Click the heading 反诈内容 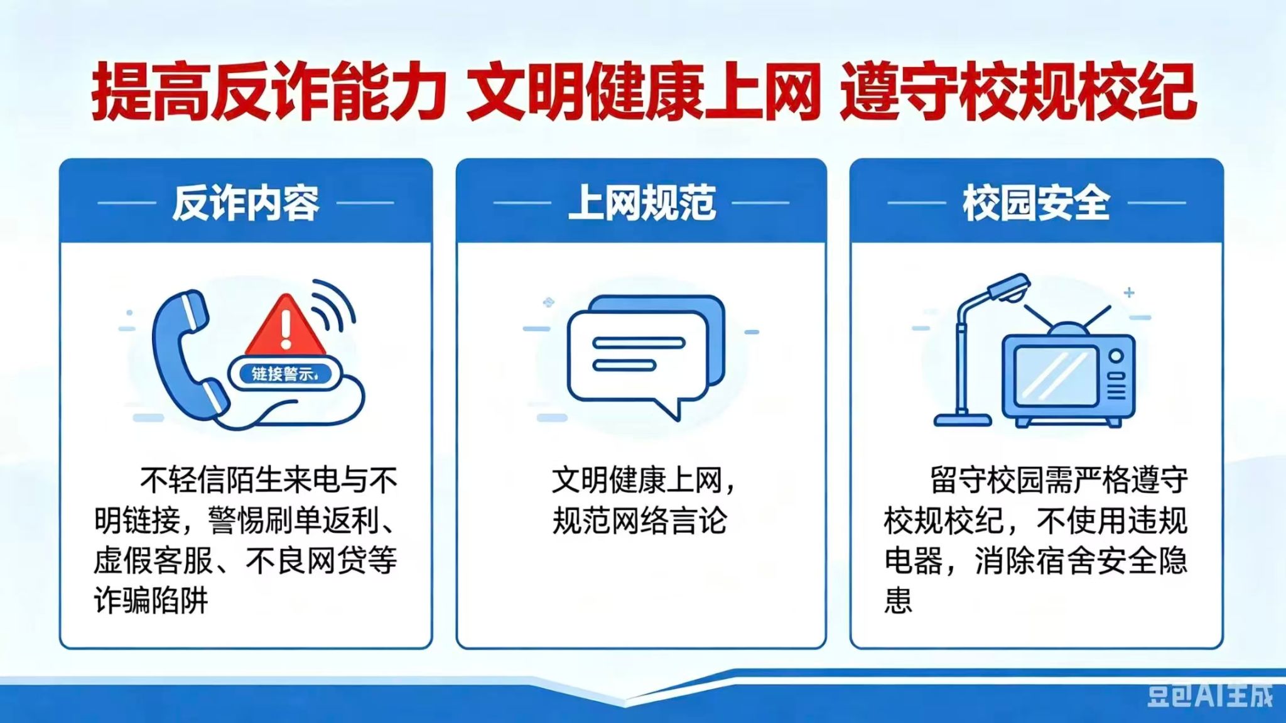pyautogui.click(x=246, y=203)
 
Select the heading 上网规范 pyautogui.click(x=641, y=203)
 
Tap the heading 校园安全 pyautogui.click(x=1036, y=203)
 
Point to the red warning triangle pyautogui.click(x=286, y=326)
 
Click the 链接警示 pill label pyautogui.click(x=284, y=374)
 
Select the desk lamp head pyautogui.click(x=1008, y=288)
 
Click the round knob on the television pyautogui.click(x=1116, y=356)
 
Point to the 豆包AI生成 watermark pyautogui.click(x=1209, y=696)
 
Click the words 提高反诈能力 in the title pyautogui.click(x=269, y=92)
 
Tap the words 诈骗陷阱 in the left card pyautogui.click(x=151, y=600)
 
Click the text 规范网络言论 pyautogui.click(x=640, y=521)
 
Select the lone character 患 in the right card pyautogui.click(x=898, y=600)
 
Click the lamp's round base pyautogui.click(x=962, y=419)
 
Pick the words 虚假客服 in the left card pyautogui.click(x=154, y=560)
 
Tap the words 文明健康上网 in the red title pyautogui.click(x=643, y=92)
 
